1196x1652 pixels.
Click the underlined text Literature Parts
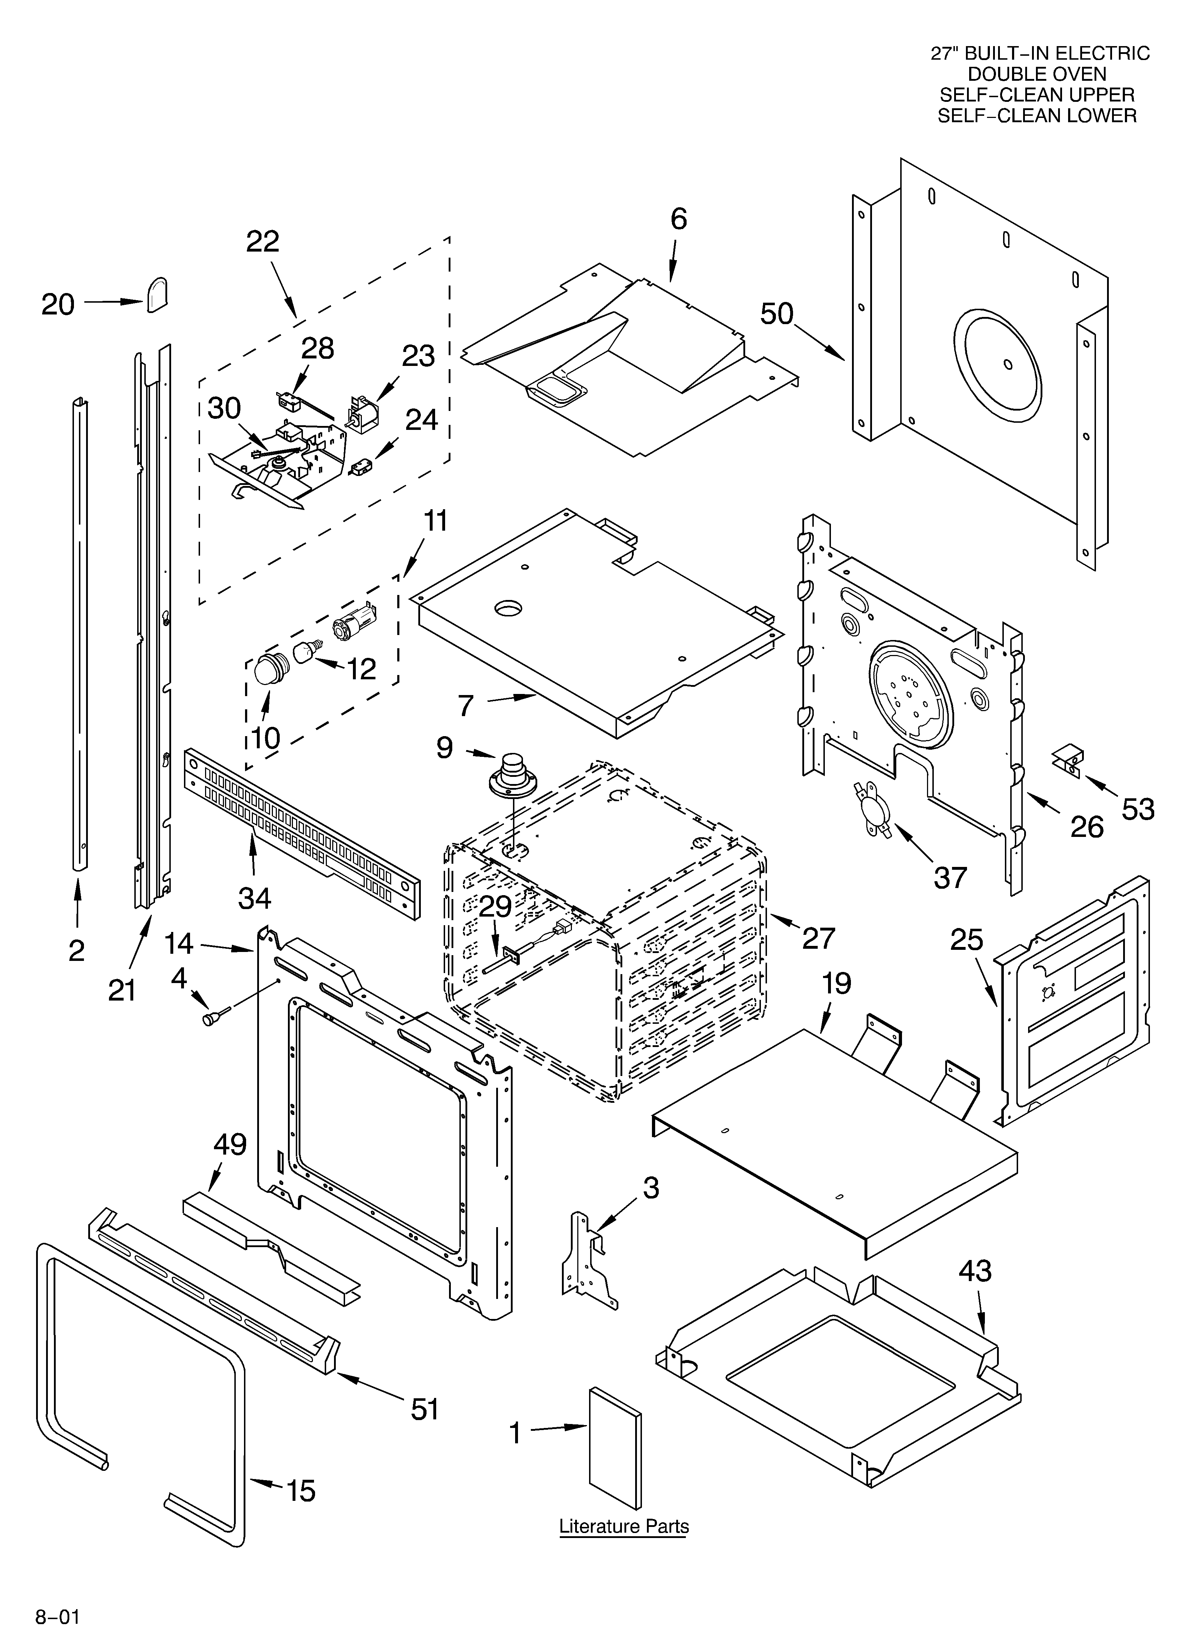(x=623, y=1526)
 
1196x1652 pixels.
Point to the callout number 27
(x=819, y=938)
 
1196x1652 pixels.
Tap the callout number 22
(x=263, y=241)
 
